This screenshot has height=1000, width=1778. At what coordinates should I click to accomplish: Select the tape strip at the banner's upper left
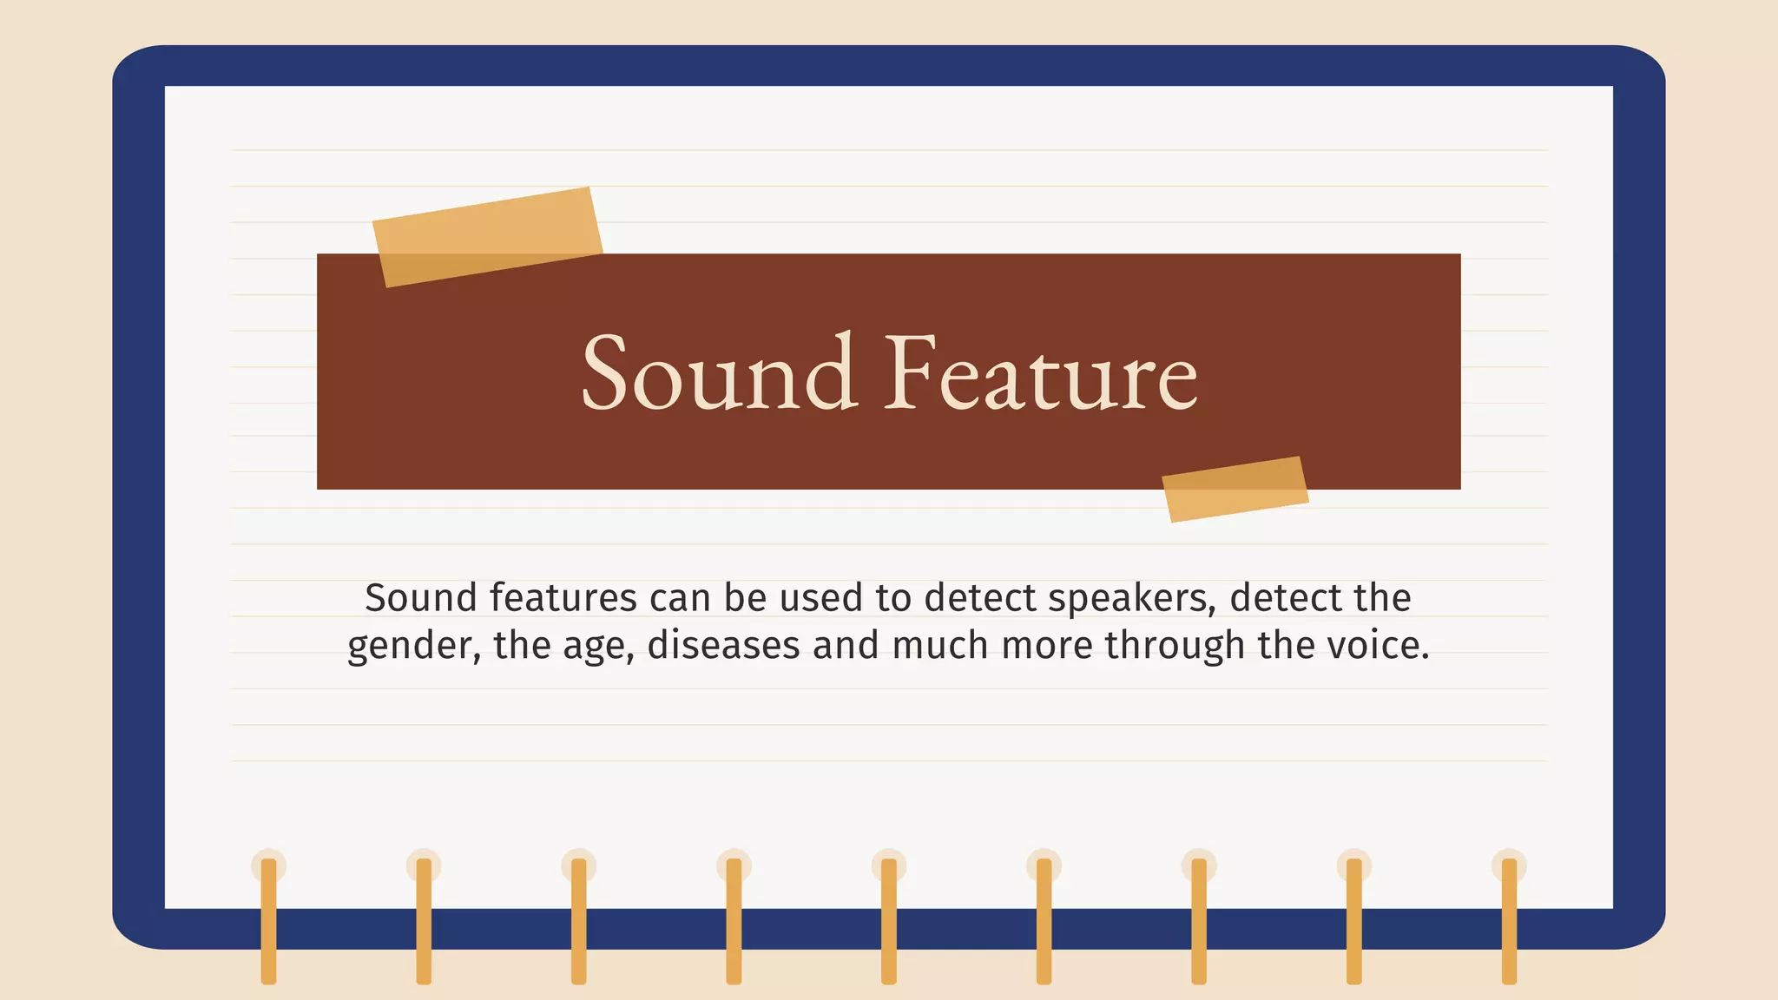coord(487,236)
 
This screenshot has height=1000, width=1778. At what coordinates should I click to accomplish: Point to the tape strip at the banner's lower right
coord(1235,489)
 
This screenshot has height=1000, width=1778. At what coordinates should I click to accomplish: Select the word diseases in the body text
coord(723,646)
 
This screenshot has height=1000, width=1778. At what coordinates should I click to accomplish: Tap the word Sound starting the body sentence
coord(420,598)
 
